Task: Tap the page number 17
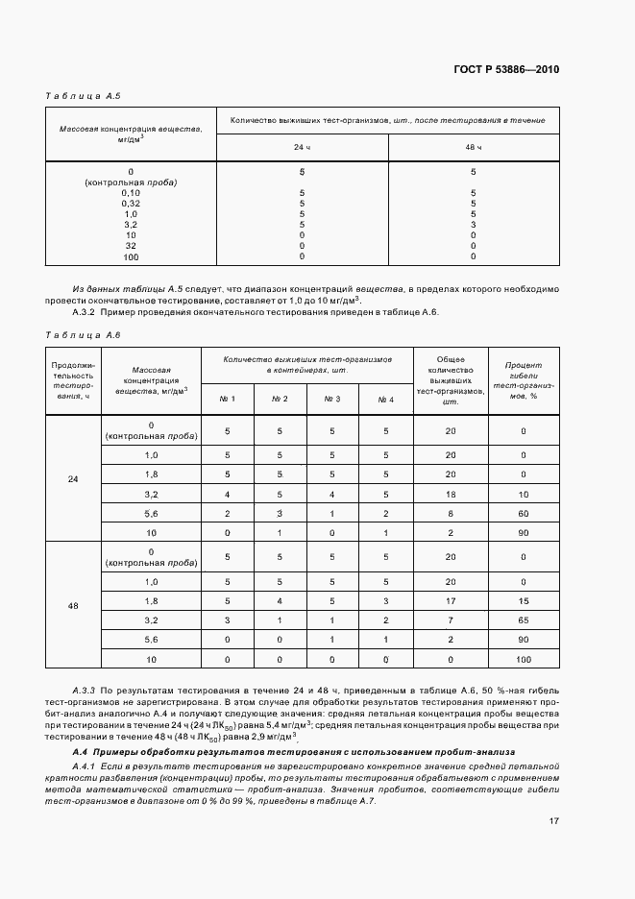[x=554, y=821]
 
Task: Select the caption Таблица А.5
[x=84, y=96]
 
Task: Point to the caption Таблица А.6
[x=84, y=334]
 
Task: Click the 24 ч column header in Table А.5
[x=302, y=147]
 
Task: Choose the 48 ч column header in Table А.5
[x=473, y=147]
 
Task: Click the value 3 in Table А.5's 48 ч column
[x=473, y=224]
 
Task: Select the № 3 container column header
[x=332, y=399]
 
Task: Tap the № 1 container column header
[x=228, y=399]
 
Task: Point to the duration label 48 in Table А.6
[x=74, y=607]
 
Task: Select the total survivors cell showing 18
[x=450, y=493]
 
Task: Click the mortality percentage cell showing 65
[x=524, y=620]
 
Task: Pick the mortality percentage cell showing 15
[x=524, y=600]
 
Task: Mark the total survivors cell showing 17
[x=450, y=600]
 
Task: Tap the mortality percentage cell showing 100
[x=524, y=660]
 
